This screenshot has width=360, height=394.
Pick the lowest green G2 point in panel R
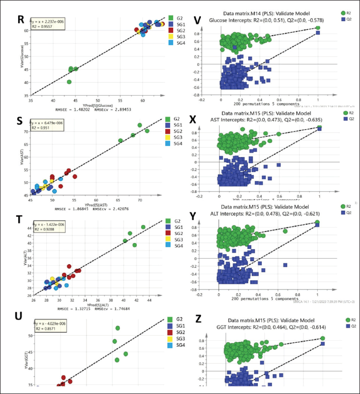69,82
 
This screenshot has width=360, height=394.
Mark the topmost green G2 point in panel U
118,328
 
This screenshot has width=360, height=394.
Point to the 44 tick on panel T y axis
29,228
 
